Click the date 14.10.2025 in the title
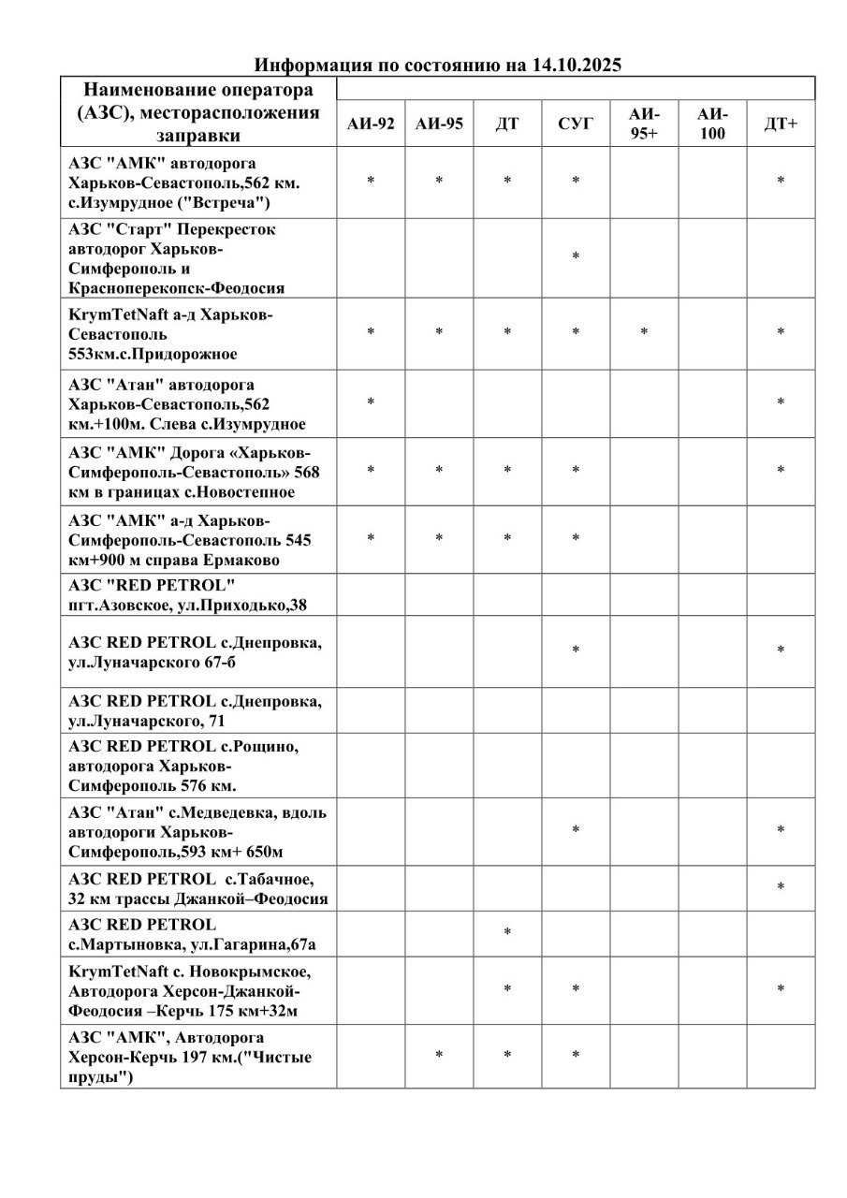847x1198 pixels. [577, 66]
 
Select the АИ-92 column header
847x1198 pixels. [371, 124]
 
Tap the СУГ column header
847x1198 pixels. [576, 124]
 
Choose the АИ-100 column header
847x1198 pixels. [712, 124]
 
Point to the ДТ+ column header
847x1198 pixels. [781, 124]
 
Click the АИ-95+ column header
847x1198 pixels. [644, 124]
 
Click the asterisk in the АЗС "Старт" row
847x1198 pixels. [576, 257]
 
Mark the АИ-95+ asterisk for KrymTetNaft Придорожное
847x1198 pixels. [644, 333]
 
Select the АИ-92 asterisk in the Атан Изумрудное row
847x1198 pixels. [371, 403]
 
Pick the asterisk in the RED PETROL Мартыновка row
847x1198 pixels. [507, 933]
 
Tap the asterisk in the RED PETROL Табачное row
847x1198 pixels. [781, 887]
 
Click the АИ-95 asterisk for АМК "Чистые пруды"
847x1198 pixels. [439, 1057]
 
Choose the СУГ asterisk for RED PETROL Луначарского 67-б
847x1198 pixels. [576, 651]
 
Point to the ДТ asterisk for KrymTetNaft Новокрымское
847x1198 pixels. [507, 990]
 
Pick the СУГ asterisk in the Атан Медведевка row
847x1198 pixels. [576, 831]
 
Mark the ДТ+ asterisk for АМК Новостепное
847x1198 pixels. [781, 472]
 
